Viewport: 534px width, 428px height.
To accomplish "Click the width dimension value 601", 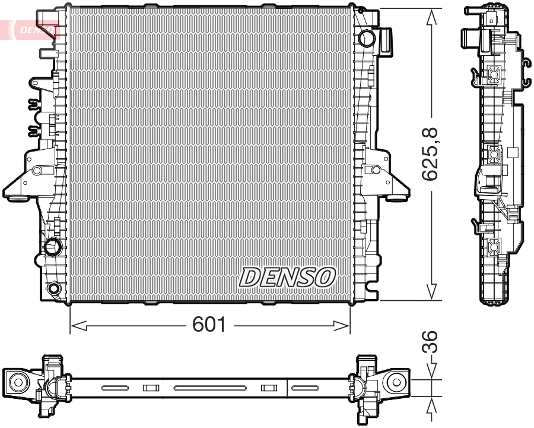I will tap(209, 325).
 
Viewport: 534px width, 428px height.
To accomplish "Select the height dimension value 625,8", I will tap(431, 154).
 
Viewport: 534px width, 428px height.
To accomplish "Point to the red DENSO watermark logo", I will tap(33, 29).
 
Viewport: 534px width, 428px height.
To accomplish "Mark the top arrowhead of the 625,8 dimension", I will tap(432, 17).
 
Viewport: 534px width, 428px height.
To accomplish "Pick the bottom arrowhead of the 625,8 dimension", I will tap(432, 291).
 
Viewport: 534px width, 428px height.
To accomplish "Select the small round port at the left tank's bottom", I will tap(54, 289).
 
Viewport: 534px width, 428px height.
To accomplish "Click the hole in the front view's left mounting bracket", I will tap(37, 171).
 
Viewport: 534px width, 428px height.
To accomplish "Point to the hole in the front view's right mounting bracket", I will tap(375, 171).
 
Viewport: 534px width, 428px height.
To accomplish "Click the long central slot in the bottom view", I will tap(209, 388).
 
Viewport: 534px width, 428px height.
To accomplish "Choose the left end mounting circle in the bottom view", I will tap(17, 382).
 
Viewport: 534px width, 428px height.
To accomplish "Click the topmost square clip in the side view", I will tap(494, 74).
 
